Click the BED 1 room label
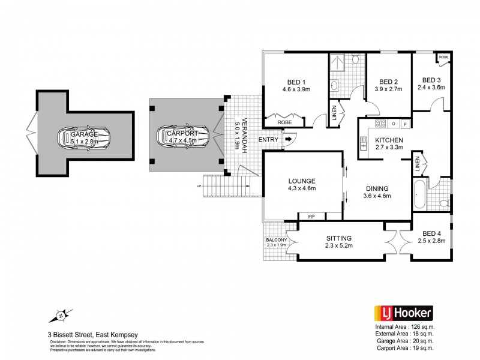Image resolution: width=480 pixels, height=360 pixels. click(295, 82)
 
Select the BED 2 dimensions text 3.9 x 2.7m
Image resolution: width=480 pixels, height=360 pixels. click(388, 89)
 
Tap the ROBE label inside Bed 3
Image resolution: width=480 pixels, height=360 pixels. click(443, 57)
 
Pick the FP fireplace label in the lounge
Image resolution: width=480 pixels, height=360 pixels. click(311, 217)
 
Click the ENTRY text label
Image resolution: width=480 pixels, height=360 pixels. click(268, 140)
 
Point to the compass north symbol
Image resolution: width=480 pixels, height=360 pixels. click(61, 315)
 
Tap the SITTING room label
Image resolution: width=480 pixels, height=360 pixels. click(338, 238)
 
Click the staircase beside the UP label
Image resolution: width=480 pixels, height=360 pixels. click(224, 185)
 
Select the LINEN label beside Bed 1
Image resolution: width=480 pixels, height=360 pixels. click(334, 113)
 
